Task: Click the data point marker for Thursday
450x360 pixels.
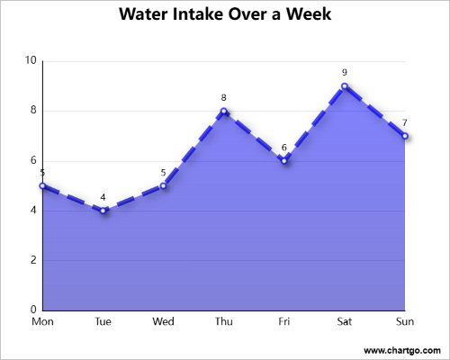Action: [223, 111]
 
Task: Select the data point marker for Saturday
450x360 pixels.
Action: [345, 86]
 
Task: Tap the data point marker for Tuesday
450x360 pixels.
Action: [103, 211]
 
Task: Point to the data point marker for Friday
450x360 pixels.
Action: [284, 160]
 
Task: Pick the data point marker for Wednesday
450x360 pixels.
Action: [163, 185]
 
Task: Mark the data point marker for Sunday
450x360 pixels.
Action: [405, 136]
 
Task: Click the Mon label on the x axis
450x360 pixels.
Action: [42, 321]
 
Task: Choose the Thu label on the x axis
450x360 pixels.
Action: [223, 321]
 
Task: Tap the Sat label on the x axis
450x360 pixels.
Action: [345, 321]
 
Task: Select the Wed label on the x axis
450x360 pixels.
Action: [163, 321]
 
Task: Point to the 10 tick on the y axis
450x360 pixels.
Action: [30, 61]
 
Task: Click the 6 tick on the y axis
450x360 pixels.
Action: [31, 161]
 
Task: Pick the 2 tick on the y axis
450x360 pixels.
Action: [31, 260]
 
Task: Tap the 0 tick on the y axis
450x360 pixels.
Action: [31, 310]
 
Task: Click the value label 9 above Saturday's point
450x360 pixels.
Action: [345, 73]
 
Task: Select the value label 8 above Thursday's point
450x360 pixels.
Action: [223, 97]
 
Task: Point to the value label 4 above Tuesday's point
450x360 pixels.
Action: [103, 197]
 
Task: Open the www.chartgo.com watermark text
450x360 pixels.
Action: [401, 349]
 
